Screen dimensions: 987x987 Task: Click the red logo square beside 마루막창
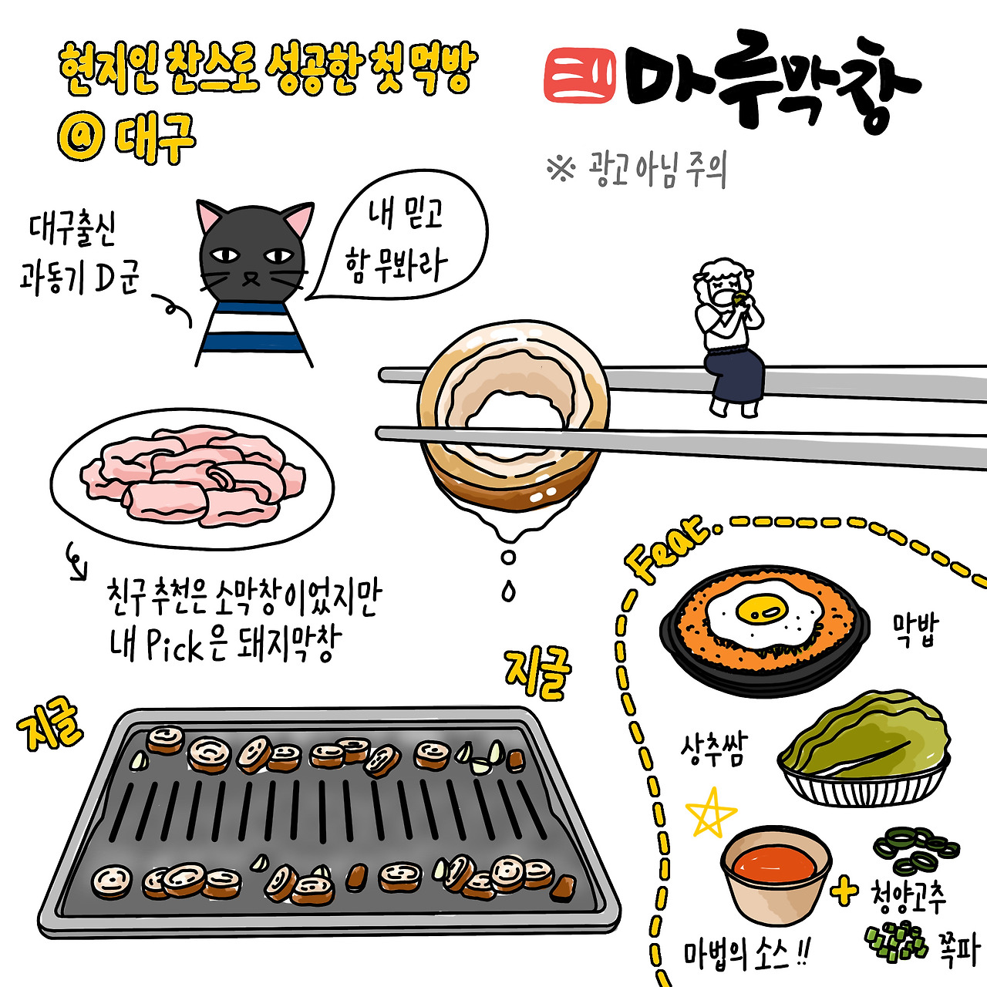point(580,76)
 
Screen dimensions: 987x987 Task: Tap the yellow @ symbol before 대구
point(81,139)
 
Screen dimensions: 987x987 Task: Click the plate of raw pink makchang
point(192,478)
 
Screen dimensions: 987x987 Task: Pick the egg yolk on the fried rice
point(761,609)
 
